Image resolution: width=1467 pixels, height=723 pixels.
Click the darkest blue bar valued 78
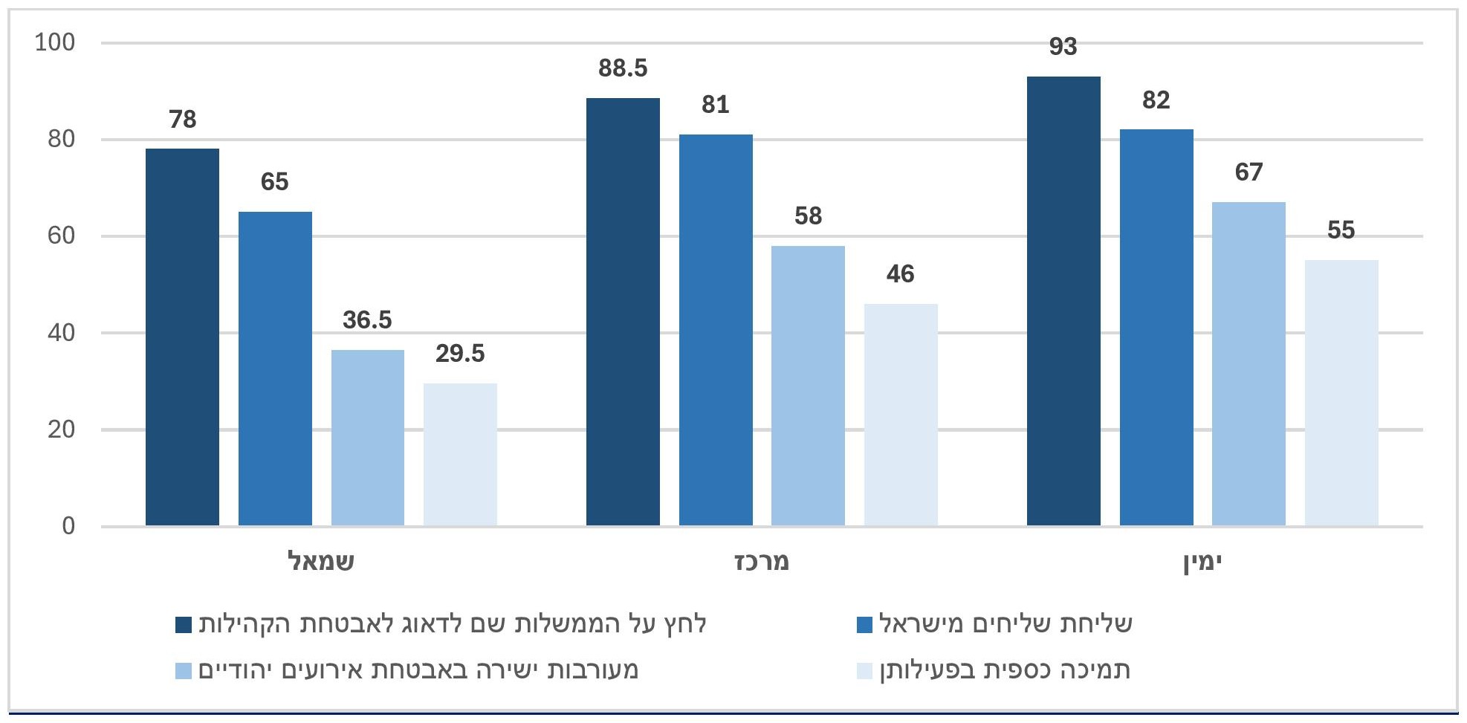182,337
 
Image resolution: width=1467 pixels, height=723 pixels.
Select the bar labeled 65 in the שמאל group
275,369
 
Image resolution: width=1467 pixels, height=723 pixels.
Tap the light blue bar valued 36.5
368,438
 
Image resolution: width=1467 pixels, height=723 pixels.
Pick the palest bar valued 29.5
460,455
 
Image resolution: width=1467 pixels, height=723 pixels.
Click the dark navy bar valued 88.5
623,312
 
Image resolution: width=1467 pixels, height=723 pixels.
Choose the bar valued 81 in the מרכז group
716,330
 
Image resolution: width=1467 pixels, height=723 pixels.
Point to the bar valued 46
901,415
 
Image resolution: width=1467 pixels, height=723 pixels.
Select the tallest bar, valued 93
1063,301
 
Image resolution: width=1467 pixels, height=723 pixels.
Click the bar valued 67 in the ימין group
1249,364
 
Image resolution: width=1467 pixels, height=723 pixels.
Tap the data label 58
808,216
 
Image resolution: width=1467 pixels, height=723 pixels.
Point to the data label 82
1156,100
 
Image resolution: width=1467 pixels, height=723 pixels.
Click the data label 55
1341,230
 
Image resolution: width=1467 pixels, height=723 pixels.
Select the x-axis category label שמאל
321,561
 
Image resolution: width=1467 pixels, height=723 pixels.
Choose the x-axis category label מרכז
762,561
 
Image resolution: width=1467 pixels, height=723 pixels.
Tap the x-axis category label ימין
1202,562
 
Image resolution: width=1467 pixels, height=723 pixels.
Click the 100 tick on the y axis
55,43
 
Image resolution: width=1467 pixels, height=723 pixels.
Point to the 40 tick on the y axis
61,333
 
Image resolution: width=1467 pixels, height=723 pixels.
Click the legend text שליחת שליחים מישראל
1005,624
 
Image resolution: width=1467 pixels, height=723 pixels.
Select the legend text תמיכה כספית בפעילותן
1005,670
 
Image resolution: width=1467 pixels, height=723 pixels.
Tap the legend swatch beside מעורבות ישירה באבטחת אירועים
184,671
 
